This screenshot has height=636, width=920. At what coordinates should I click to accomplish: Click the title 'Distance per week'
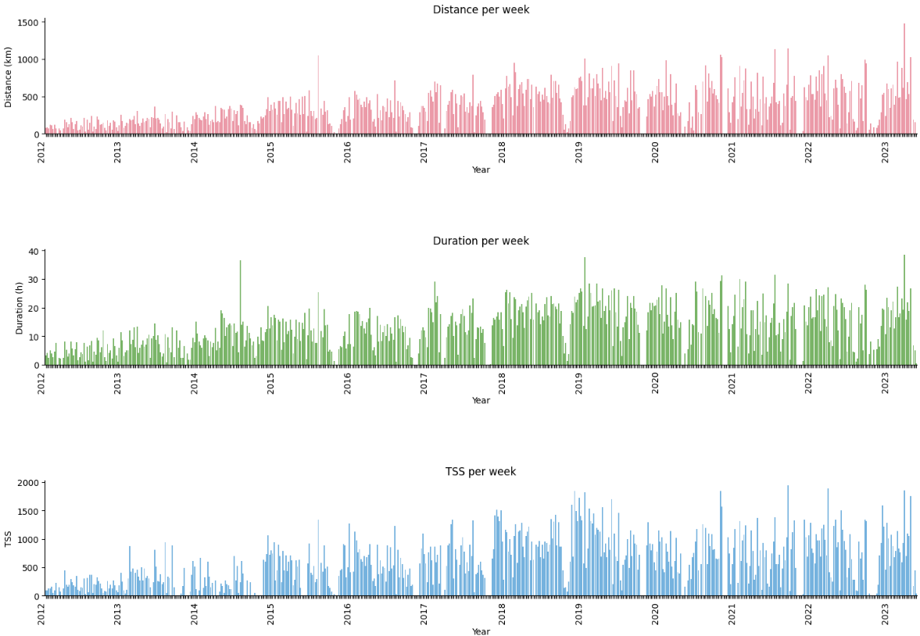pyautogui.click(x=481, y=10)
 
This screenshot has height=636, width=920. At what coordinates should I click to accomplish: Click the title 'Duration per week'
pyautogui.click(x=481, y=241)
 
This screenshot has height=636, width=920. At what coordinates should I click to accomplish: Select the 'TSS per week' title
pyautogui.click(x=481, y=472)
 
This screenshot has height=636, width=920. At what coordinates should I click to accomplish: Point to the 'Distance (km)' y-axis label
pyautogui.click(x=9, y=77)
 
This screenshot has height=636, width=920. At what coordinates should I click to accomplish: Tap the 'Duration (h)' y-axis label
pyautogui.click(x=20, y=308)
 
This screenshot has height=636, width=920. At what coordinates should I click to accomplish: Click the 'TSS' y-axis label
pyautogui.click(x=9, y=538)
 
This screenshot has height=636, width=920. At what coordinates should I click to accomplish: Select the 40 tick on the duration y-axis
pyautogui.click(x=33, y=251)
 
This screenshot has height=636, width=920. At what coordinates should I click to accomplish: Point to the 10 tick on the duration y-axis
pyautogui.click(x=33, y=337)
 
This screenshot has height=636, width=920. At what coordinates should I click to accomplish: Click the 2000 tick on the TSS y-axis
pyautogui.click(x=27, y=483)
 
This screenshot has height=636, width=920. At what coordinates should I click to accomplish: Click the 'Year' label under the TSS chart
pyautogui.click(x=481, y=631)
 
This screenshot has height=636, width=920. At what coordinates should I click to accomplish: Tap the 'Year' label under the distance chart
pyautogui.click(x=481, y=170)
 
